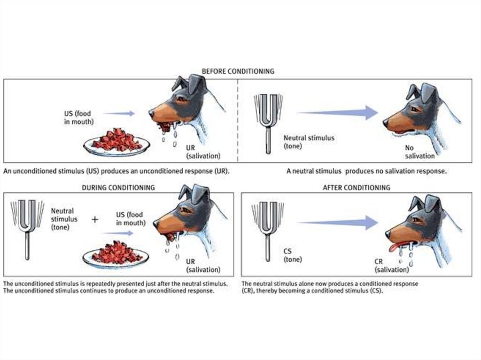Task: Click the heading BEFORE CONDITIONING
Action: coord(238,71)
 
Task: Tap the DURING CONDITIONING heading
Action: coord(118,187)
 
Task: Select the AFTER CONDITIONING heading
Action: coord(357,187)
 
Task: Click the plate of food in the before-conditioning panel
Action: coord(116,143)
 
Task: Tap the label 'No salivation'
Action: coord(419,152)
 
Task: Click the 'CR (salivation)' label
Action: coord(392,266)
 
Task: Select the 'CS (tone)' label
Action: coord(292,255)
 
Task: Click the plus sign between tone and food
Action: coord(95,219)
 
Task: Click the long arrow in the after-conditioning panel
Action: coord(337,222)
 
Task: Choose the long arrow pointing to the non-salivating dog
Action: coord(337,113)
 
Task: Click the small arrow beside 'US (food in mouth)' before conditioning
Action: coord(119,114)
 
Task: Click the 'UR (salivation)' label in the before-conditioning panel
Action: coord(203,152)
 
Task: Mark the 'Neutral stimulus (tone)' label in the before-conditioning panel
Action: coord(309,142)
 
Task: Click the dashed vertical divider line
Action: coord(237,121)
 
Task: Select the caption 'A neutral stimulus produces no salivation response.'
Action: coord(366,171)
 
